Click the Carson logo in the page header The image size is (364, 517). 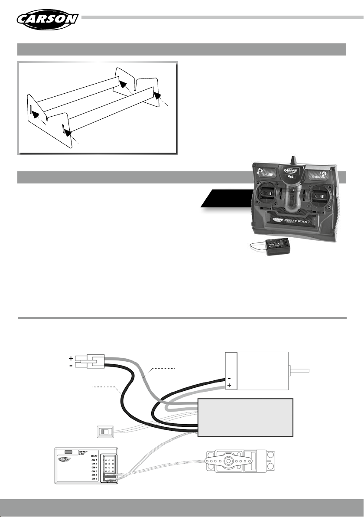pyautogui.click(x=48, y=19)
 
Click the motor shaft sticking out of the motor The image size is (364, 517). pyautogui.click(x=299, y=370)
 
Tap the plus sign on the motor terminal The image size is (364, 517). pyautogui.click(x=229, y=385)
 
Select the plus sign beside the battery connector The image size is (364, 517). pyautogui.click(x=70, y=359)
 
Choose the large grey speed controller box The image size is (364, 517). pyautogui.click(x=245, y=417)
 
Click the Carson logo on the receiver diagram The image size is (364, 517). pyautogui.click(x=64, y=469)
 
